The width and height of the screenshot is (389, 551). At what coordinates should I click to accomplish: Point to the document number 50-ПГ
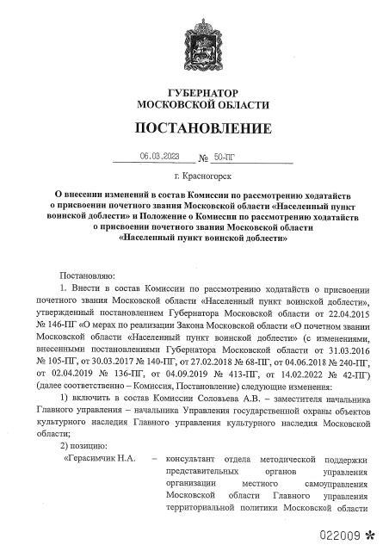tap(224, 158)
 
